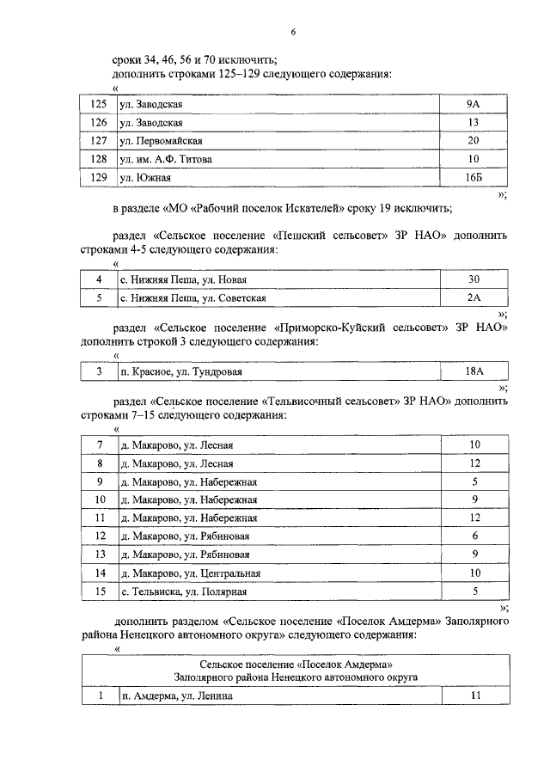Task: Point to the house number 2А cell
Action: coord(474,297)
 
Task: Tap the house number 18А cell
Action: coord(474,371)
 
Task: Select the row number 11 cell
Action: coord(100,518)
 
